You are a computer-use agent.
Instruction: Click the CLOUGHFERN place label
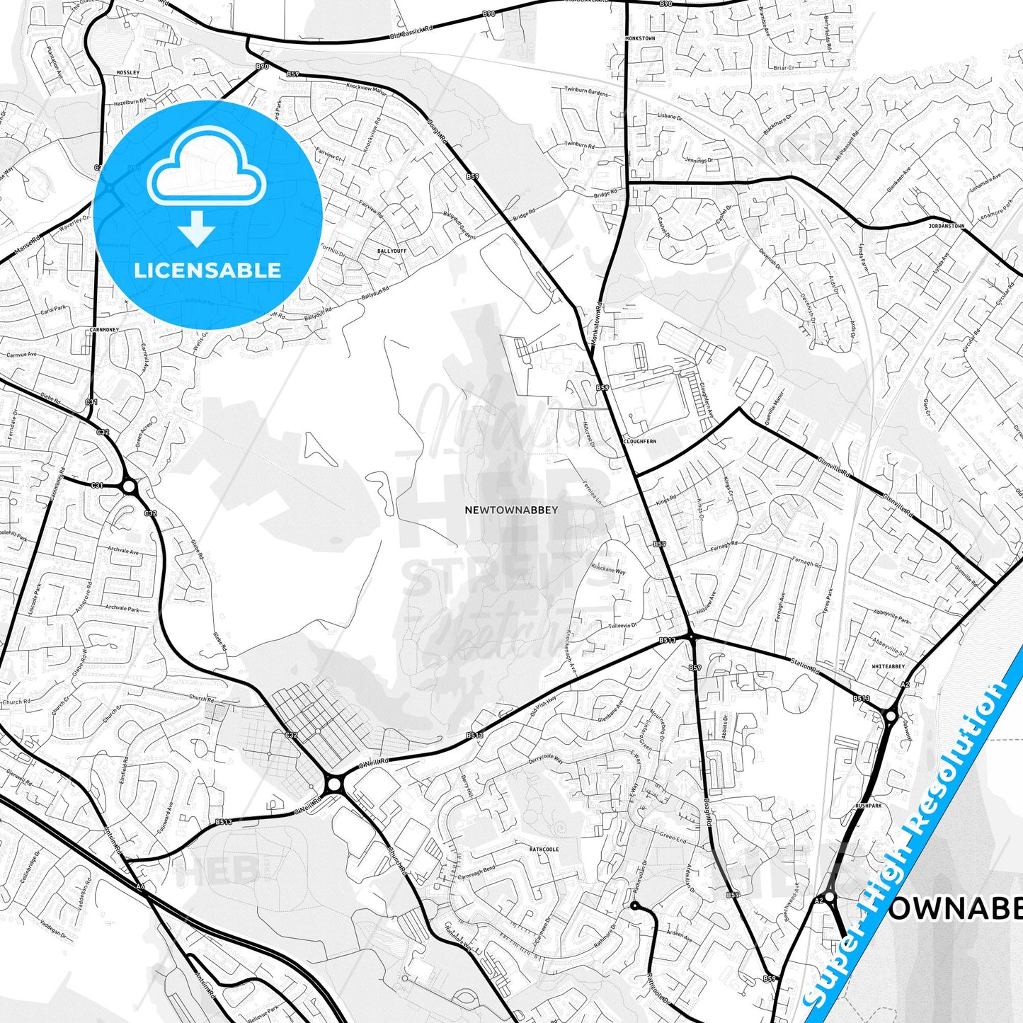click(x=639, y=441)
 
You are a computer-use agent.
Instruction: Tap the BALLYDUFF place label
click(x=392, y=251)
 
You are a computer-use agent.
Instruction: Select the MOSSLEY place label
click(x=128, y=73)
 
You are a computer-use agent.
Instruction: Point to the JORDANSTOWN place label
click(x=946, y=227)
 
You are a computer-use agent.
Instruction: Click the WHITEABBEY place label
click(x=888, y=666)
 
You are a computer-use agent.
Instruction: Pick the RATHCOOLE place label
click(x=544, y=849)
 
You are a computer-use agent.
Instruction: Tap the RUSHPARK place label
click(x=869, y=806)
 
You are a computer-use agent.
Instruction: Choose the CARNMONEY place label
click(x=105, y=330)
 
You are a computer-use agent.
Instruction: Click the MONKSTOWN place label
click(x=640, y=38)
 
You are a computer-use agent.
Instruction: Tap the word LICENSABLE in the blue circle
click(x=207, y=270)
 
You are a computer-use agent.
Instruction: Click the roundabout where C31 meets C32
click(x=129, y=486)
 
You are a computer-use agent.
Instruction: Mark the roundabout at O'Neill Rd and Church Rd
click(x=334, y=784)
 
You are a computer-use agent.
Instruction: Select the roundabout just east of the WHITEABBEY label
click(x=890, y=716)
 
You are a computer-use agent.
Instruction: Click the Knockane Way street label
click(x=608, y=570)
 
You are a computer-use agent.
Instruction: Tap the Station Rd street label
click(x=804, y=666)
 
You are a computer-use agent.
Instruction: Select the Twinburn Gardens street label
click(x=586, y=92)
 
